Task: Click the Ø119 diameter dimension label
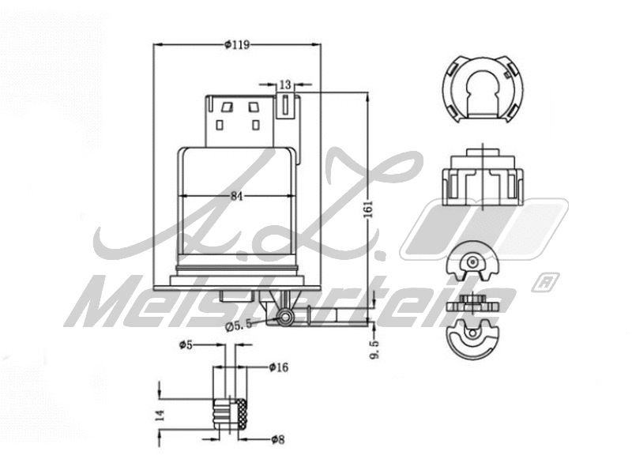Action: point(237,45)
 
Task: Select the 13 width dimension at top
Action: point(285,84)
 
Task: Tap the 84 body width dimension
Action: point(237,197)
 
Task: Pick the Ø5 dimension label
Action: point(186,345)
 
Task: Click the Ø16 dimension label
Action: point(278,367)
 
